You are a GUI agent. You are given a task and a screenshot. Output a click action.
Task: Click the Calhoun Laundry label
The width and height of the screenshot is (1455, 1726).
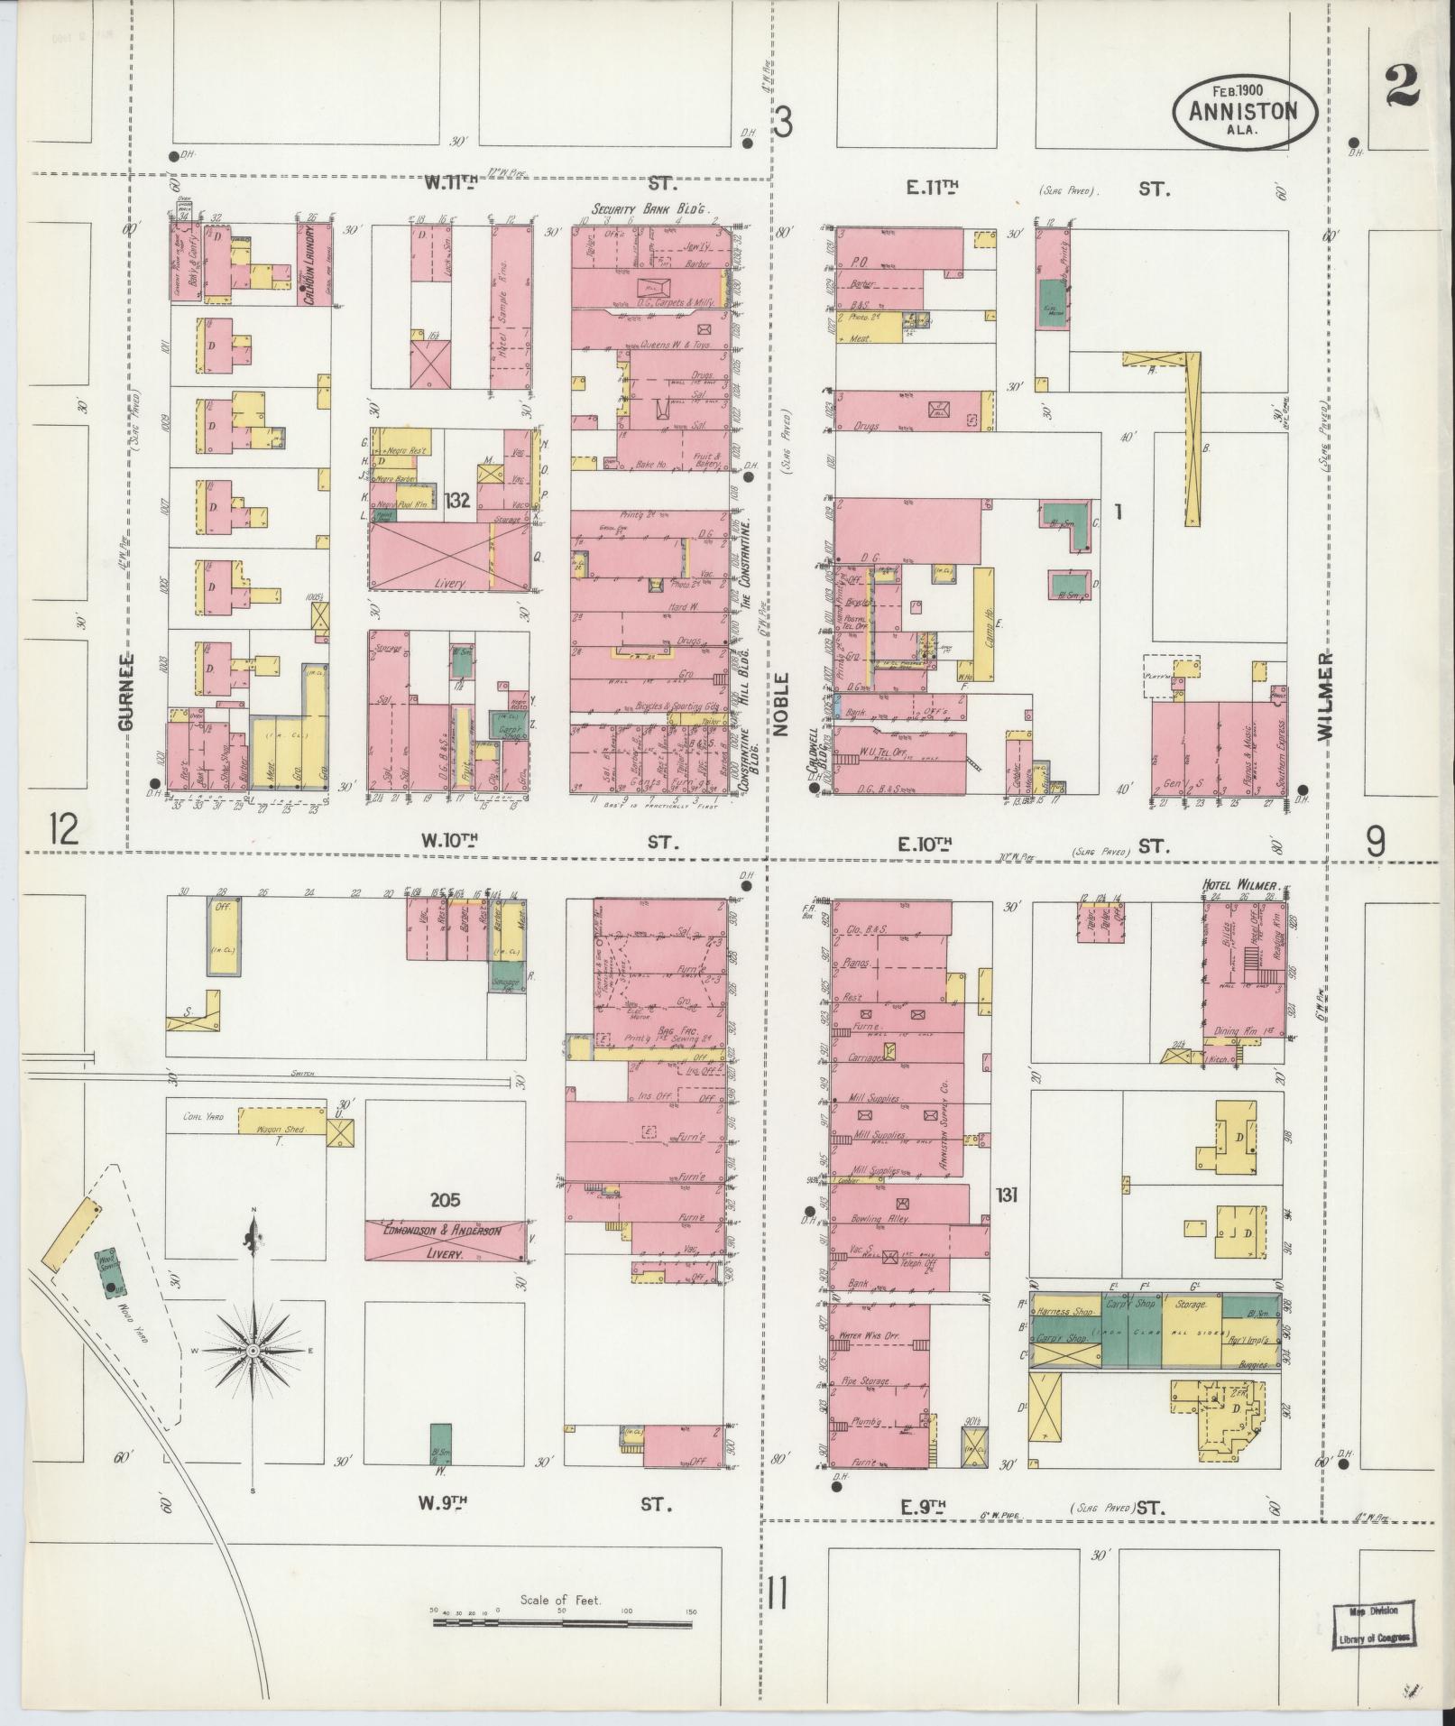[308, 271]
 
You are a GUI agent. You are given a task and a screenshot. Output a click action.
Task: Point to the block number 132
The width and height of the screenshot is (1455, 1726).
[457, 501]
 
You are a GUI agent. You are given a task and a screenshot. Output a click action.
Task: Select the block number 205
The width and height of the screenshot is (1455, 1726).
[445, 1200]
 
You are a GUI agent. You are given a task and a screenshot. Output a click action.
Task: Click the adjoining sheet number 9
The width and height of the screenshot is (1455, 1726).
[1374, 842]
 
